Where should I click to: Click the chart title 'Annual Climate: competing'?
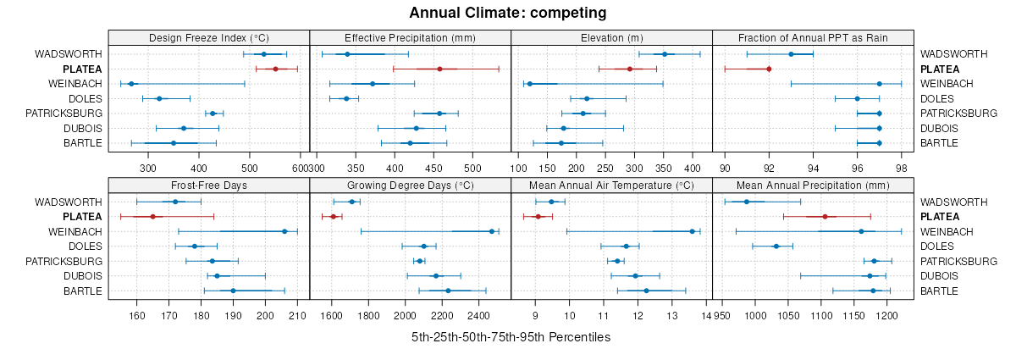click(x=508, y=13)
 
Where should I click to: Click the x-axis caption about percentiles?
click(x=511, y=337)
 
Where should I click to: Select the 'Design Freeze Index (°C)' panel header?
click(x=208, y=38)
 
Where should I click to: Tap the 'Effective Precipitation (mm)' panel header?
click(x=410, y=38)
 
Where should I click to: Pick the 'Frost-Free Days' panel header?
click(x=208, y=186)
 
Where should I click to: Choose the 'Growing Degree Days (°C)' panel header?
click(x=410, y=186)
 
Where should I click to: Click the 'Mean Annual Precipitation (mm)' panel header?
click(x=813, y=186)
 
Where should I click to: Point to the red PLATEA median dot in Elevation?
click(x=630, y=69)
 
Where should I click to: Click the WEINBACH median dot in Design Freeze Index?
click(x=131, y=84)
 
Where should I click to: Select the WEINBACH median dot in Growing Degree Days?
click(x=492, y=231)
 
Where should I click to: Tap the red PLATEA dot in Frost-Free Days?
click(x=152, y=217)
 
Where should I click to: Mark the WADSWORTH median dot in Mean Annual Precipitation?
click(x=747, y=202)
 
